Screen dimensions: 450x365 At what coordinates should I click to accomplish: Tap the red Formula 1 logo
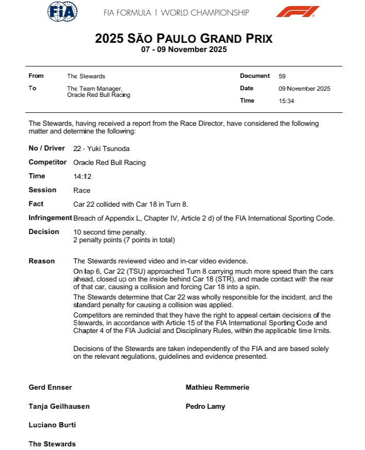coord(297,11)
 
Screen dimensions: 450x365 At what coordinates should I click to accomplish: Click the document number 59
coord(282,76)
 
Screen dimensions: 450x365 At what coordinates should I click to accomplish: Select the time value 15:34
coord(286,101)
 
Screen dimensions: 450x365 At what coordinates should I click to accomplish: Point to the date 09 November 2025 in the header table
coord(304,89)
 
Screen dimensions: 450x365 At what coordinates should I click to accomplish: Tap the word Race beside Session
coord(82,190)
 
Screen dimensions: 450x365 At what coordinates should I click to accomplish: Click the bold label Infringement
coord(50,218)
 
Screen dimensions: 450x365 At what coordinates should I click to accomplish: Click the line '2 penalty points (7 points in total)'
coord(124,240)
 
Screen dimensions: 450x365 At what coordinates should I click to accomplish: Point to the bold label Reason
coord(42,261)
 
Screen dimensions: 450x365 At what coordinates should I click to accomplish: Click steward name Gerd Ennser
coord(51,387)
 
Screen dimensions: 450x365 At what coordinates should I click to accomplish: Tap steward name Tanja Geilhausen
coord(59,406)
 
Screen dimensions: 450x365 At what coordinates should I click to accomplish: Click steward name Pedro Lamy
coord(205,406)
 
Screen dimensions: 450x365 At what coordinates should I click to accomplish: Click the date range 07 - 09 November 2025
coord(184,50)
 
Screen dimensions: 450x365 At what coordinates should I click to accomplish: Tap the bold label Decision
coord(44,232)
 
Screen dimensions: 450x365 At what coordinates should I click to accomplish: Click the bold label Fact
coord(36,204)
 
